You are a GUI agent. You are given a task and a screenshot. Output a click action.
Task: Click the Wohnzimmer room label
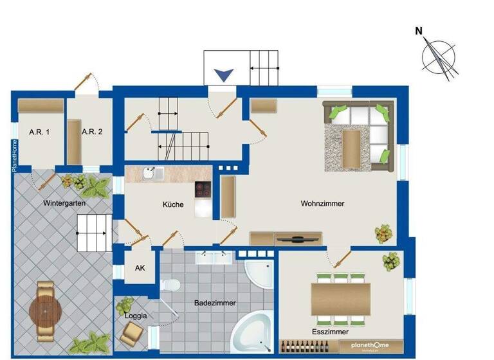tap(322, 204)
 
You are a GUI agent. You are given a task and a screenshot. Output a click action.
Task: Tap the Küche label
tap(173, 205)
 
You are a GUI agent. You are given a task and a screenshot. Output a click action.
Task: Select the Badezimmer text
tap(215, 303)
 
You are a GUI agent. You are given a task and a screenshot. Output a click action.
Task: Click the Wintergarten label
tap(65, 203)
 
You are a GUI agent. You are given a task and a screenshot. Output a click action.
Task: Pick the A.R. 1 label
tap(39, 132)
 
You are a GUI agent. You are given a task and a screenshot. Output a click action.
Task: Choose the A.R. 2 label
tap(93, 132)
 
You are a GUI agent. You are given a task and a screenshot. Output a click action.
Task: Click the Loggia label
tap(136, 316)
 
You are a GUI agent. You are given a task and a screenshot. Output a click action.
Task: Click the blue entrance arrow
tap(223, 75)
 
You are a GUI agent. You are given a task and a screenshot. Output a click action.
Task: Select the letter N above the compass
tap(419, 31)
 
